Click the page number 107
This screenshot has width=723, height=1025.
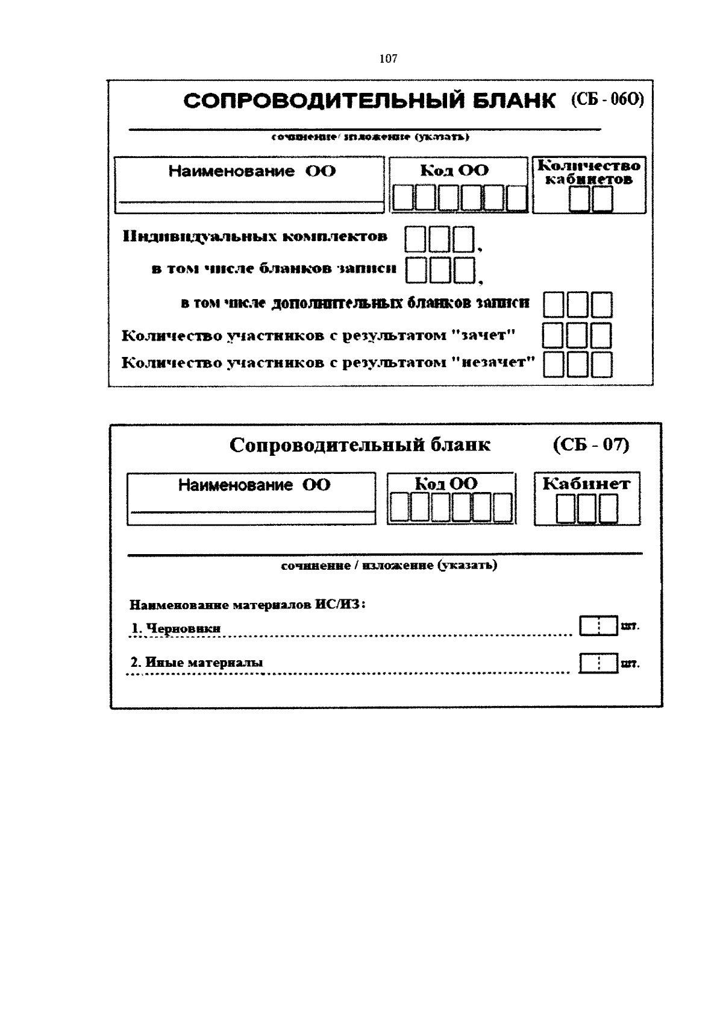coord(389,58)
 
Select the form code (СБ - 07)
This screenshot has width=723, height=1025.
coord(590,445)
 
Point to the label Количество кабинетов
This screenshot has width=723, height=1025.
coord(589,172)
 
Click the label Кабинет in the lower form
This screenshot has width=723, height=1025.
coord(586,484)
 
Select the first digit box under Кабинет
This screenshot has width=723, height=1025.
coord(566,509)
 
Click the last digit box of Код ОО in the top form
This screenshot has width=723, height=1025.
coord(517,198)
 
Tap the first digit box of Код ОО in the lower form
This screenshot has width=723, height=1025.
coord(398,507)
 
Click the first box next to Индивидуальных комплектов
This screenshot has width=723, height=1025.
coord(415,239)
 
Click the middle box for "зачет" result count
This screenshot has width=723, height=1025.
coord(577,335)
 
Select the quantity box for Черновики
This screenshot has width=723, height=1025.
coord(599,626)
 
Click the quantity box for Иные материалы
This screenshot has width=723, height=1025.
coord(599,663)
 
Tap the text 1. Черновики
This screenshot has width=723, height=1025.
coord(176,628)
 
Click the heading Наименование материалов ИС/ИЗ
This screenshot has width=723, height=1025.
coord(248,604)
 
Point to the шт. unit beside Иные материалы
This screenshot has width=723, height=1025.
coord(630,664)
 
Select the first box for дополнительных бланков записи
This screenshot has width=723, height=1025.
coord(553,304)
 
